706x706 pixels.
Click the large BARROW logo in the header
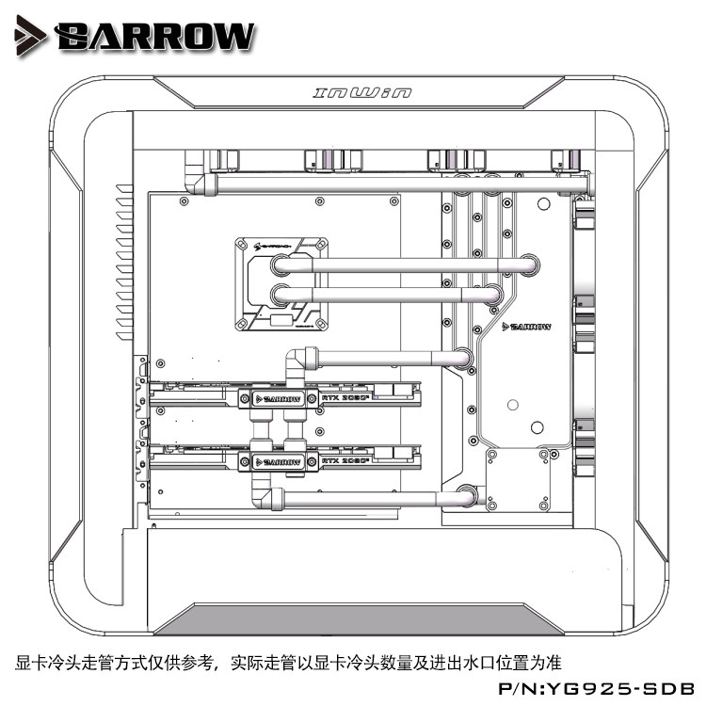click(156, 37)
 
